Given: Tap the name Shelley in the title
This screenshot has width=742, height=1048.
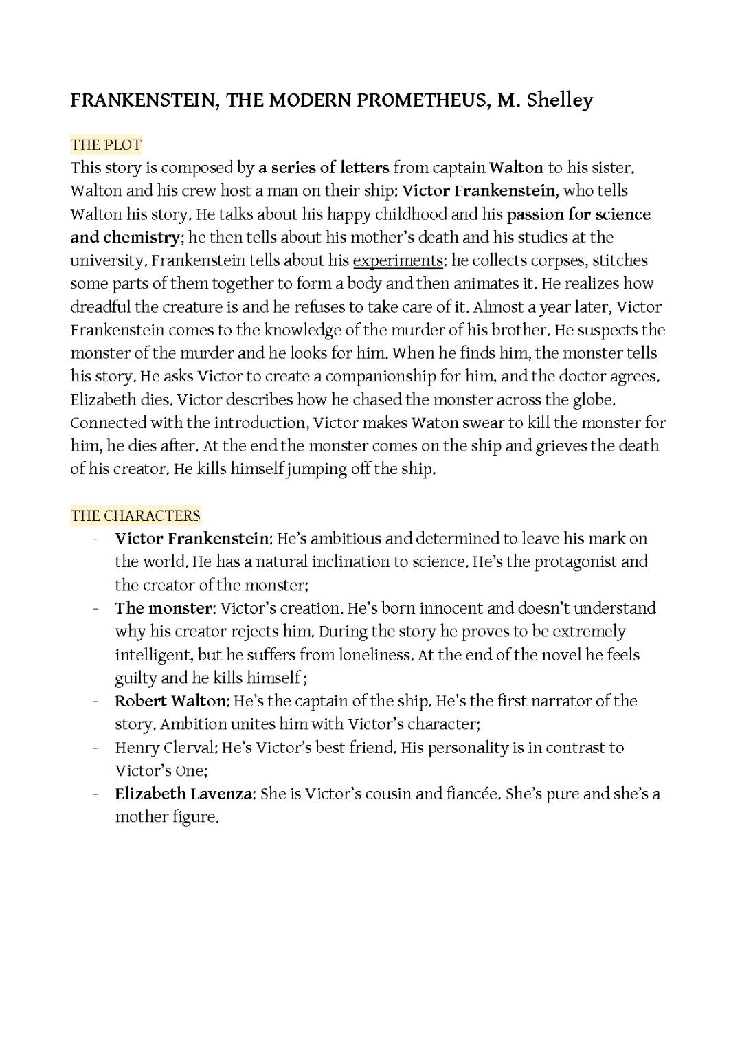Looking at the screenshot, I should pos(559,100).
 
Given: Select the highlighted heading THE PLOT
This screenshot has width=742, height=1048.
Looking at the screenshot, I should pos(106,144).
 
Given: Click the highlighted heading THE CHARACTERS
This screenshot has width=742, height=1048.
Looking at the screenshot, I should pos(135,515).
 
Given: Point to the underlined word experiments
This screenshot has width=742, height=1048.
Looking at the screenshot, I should pos(398,260).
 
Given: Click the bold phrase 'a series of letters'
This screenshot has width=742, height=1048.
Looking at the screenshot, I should pos(324,168).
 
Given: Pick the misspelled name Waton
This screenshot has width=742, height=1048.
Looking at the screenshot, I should pos(433,423).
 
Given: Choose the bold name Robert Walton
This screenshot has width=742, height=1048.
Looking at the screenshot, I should pos(170,701).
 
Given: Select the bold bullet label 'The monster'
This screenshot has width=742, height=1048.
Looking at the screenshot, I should pos(165,608).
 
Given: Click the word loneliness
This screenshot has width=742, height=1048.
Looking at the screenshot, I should pos(376,655).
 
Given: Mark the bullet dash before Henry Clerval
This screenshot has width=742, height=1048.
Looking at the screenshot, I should pos(97,748).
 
